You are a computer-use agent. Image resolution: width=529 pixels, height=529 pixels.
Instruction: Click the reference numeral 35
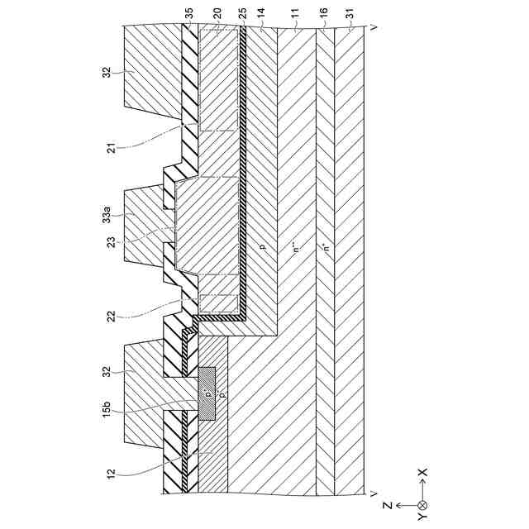coord(190,14)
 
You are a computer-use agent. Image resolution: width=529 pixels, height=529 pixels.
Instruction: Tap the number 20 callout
coord(217,14)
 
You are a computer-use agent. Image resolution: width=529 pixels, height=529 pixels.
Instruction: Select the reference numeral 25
coord(242,14)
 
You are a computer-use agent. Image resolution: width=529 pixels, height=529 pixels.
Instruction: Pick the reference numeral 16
coord(324,14)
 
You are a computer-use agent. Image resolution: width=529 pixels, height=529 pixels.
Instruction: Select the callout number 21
coord(110,149)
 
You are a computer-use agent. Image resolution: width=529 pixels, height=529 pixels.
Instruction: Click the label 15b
coord(109,410)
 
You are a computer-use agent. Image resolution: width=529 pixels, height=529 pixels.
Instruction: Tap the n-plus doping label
coord(325,248)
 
